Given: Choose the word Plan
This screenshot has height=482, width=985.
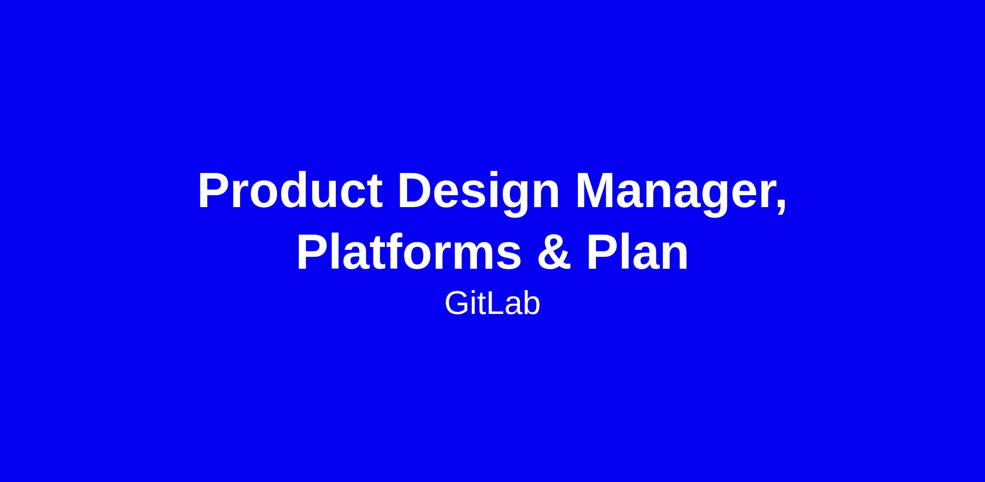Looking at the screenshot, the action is pos(637,251).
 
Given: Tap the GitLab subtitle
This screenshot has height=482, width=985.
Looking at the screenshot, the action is pos(492,304).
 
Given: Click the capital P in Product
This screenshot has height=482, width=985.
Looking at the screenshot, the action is pos(215,191).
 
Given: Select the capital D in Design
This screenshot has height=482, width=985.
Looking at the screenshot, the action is pos(416,191).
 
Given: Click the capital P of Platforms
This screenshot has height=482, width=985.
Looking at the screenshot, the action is pos(313,251).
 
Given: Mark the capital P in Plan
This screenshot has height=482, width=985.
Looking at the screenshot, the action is pos(603,251).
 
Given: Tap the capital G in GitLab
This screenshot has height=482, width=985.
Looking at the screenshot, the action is pos(457,304).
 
